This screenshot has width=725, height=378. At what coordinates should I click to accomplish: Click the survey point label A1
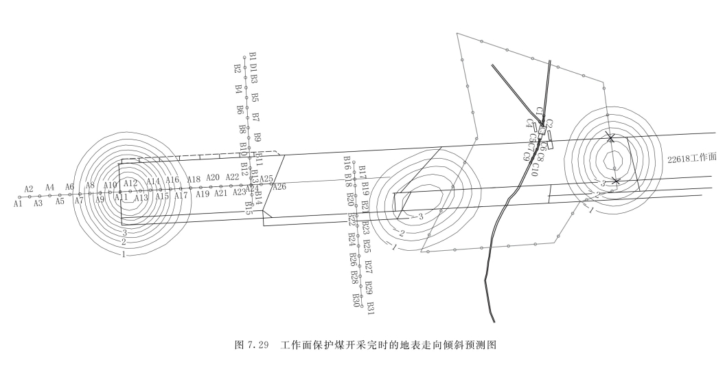coord(18,203)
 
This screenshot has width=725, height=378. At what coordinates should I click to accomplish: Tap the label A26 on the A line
coord(279,186)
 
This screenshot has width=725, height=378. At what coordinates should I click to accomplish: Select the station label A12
coord(131,184)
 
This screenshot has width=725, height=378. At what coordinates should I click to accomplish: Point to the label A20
coord(212,177)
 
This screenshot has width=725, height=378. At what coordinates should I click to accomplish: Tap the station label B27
coord(369,265)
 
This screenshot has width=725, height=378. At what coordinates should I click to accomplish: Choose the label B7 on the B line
coord(256,118)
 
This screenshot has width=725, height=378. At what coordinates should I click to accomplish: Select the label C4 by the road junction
coord(529,123)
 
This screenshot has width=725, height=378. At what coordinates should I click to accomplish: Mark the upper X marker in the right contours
coord(610,137)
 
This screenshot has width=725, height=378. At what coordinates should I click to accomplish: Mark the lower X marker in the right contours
coord(616,181)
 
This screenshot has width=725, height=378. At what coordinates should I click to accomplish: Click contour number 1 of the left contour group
coord(124,254)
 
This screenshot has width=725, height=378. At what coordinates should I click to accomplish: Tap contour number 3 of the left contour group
coord(125,232)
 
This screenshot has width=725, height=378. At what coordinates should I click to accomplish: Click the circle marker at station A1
coord(20,197)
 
